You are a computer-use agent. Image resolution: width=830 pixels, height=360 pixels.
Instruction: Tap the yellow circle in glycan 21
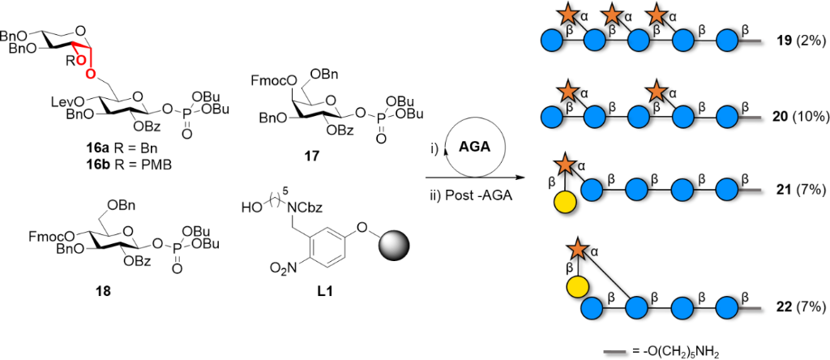567,221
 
